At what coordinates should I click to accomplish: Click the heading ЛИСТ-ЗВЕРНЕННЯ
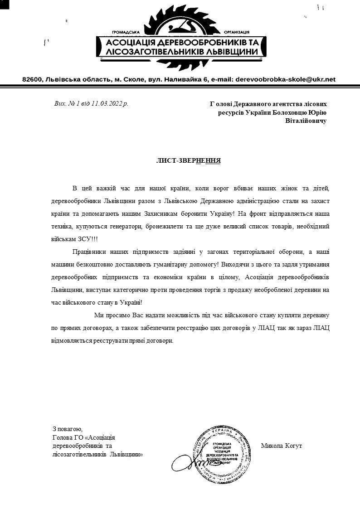(x=189, y=160)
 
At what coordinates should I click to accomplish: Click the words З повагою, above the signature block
(x=67, y=428)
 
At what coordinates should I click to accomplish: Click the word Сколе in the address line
(x=131, y=79)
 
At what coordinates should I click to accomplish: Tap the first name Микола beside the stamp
(x=271, y=446)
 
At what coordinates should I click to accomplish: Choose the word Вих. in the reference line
(x=60, y=104)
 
